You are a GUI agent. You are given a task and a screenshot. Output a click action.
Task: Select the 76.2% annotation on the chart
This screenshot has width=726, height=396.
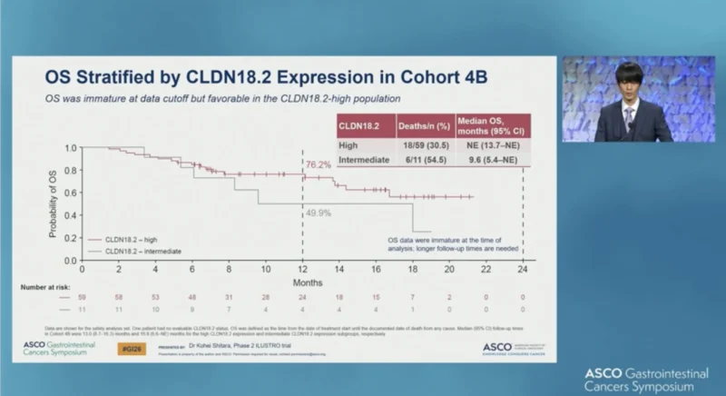317,165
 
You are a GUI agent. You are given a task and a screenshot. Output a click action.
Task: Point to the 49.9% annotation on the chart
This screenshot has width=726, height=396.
317,212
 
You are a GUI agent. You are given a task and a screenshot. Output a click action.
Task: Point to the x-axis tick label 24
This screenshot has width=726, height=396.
523,269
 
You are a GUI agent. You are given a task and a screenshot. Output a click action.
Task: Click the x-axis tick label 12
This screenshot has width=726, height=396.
302,269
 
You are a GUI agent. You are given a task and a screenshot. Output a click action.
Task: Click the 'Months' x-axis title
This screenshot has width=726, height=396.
302,282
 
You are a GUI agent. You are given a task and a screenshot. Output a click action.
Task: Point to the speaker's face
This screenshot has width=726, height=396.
627,80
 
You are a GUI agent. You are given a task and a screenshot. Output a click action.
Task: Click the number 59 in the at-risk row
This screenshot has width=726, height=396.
83,297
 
